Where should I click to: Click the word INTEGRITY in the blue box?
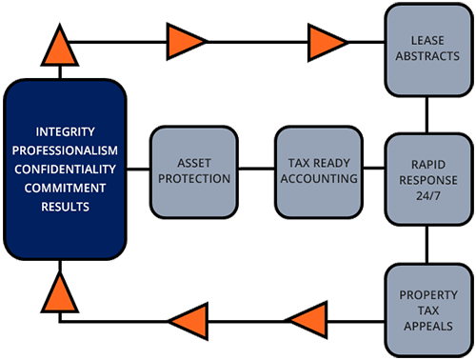click(65, 131)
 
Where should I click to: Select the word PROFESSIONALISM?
click(65, 150)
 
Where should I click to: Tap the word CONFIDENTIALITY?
click(65, 170)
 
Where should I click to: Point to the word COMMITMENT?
click(65, 188)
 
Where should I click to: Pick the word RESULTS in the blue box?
click(65, 207)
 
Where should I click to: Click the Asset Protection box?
click(194, 172)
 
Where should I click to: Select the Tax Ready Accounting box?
click(319, 172)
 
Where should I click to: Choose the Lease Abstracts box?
click(427, 50)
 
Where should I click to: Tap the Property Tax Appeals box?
click(428, 310)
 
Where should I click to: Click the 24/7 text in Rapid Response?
click(428, 196)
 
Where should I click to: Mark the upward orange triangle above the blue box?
click(60, 46)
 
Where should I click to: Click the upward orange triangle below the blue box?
click(60, 292)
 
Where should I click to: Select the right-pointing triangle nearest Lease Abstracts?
click(327, 42)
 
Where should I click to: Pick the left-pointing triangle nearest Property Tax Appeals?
click(307, 321)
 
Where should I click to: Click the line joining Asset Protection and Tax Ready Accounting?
click(256, 169)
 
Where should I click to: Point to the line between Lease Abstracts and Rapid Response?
click(426, 114)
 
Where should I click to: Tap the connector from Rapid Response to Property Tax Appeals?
click(426, 245)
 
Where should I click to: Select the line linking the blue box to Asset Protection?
click(138, 169)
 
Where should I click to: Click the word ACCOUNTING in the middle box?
click(319, 179)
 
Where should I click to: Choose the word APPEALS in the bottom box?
click(428, 327)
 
